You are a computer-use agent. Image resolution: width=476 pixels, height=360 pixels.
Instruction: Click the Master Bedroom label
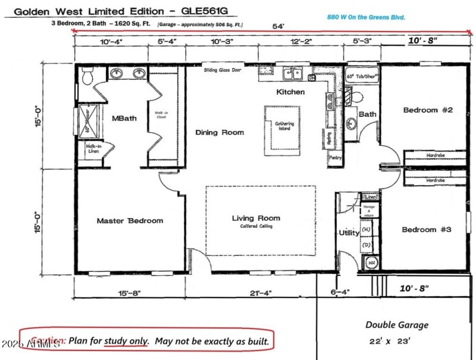pyautogui.click(x=130, y=221)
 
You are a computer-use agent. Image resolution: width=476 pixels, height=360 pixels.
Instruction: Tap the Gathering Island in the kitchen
pyautogui.click(x=284, y=126)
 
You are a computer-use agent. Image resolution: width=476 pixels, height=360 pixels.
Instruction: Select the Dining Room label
pyautogui.click(x=220, y=133)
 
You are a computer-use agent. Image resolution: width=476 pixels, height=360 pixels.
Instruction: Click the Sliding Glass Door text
pyautogui.click(x=223, y=70)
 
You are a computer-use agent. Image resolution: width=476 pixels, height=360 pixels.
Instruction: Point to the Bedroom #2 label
pyautogui.click(x=428, y=110)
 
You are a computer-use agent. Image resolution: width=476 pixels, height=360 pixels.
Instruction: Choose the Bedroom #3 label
pyautogui.click(x=427, y=230)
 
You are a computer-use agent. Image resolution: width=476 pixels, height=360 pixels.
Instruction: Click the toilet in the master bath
pyautogui.click(x=87, y=76)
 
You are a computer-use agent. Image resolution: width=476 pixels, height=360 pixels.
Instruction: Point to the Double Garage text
pyautogui.click(x=396, y=325)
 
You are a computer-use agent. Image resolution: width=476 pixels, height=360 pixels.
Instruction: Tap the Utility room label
pyautogui.click(x=349, y=233)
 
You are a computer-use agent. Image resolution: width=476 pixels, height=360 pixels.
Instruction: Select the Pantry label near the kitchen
pyautogui.click(x=336, y=158)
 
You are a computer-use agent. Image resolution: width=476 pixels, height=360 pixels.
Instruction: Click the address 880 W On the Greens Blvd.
pyautogui.click(x=366, y=18)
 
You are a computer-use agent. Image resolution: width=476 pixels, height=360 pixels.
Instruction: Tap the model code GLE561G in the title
pyautogui.click(x=201, y=11)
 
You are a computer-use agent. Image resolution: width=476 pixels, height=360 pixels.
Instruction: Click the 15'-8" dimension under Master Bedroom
pyautogui.click(x=130, y=292)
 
